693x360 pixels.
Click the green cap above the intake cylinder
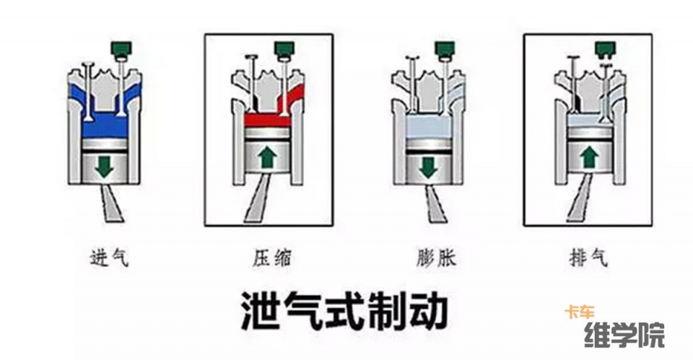(120, 48)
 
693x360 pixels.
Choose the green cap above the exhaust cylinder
(605, 50)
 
